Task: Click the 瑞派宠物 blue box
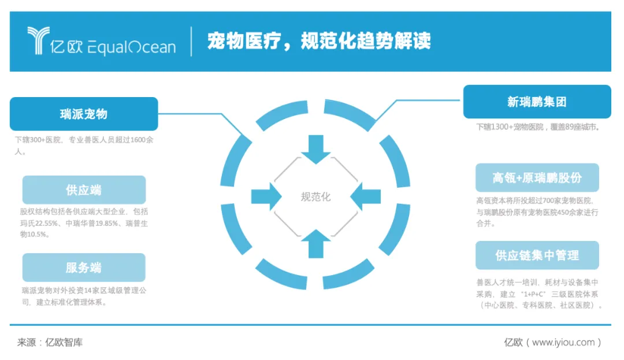point(84,114)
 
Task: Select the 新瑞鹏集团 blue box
point(537,102)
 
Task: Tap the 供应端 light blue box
point(84,190)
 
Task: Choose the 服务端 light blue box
point(84,267)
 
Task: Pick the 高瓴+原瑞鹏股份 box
point(537,177)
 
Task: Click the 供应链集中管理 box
point(537,255)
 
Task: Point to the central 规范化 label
point(315,197)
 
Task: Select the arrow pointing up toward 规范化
point(315,243)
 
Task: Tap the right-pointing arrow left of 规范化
point(266,196)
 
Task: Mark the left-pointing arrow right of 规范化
point(365,196)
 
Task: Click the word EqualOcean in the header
point(131,47)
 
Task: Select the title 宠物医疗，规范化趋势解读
point(319,41)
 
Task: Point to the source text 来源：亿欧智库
point(50,342)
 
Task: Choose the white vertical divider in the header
point(191,41)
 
